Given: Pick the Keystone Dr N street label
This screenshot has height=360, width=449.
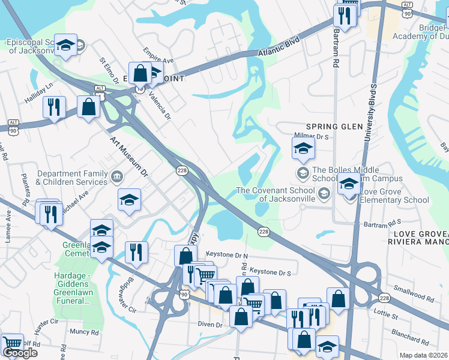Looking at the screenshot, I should click(227, 254).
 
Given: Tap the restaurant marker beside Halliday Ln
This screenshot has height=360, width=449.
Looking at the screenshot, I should click(55, 107).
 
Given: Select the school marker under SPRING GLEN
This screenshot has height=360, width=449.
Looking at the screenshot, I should click(303, 148).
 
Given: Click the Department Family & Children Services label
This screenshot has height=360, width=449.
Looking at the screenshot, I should click(72, 178).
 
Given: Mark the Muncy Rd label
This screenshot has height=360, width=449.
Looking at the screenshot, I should click(83, 331).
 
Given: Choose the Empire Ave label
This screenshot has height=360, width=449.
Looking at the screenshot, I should click(158, 56).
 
